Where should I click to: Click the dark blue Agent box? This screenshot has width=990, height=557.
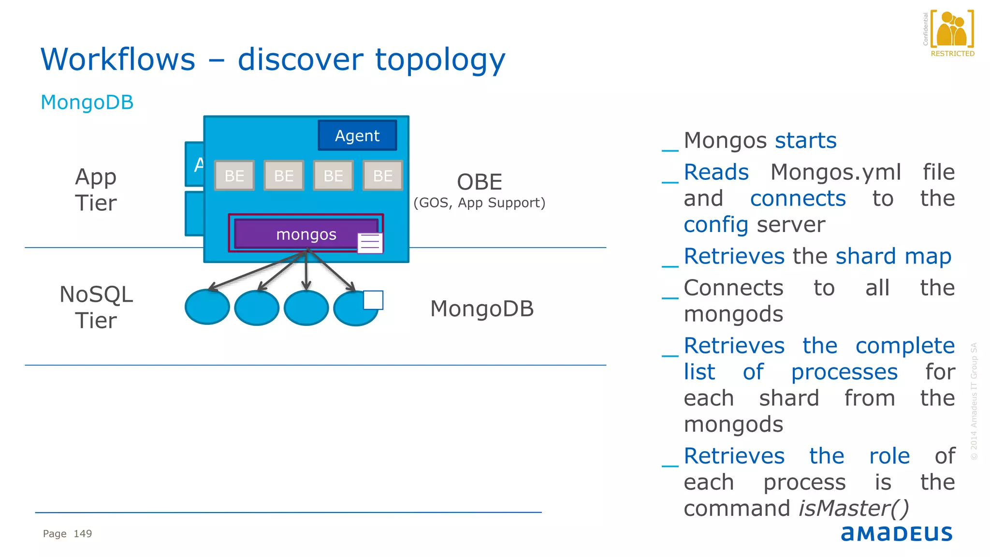(357, 135)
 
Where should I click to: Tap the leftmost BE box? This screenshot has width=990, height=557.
(234, 176)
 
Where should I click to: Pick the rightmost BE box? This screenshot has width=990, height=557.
(382, 176)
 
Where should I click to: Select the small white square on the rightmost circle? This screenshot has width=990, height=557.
(373, 300)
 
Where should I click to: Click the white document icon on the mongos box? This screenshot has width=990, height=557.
(370, 243)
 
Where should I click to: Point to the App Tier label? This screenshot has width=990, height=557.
(96, 190)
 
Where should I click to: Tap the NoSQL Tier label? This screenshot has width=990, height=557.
(96, 308)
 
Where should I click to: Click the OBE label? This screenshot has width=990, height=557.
(480, 182)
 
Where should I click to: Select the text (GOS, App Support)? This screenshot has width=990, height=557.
(479, 203)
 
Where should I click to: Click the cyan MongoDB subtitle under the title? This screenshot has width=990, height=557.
(87, 103)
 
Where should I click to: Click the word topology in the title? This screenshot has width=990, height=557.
(440, 60)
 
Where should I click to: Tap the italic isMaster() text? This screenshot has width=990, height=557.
(854, 508)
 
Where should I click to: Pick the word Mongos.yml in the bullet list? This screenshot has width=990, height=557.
(836, 172)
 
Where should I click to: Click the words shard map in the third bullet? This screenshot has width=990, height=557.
(893, 256)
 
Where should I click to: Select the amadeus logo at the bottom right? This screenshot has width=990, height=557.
(897, 533)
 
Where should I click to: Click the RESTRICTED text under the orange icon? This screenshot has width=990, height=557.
(952, 54)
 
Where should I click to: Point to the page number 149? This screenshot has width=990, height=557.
(83, 534)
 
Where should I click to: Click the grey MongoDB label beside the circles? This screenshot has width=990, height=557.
(482, 309)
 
